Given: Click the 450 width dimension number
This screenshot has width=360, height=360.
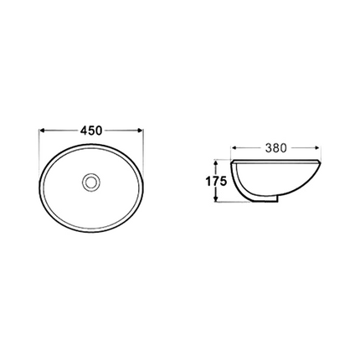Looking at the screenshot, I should [91, 131].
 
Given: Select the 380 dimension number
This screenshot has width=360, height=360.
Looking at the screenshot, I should [275, 147].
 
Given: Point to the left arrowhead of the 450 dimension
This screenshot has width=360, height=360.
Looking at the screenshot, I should [43, 131].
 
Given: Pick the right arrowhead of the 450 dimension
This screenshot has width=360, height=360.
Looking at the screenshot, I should [140, 131].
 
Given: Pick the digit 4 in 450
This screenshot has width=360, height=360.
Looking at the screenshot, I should [84, 131].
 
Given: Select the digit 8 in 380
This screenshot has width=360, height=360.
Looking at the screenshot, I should [275, 147].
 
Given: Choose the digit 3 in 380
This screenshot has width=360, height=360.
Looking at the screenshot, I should [267, 147].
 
